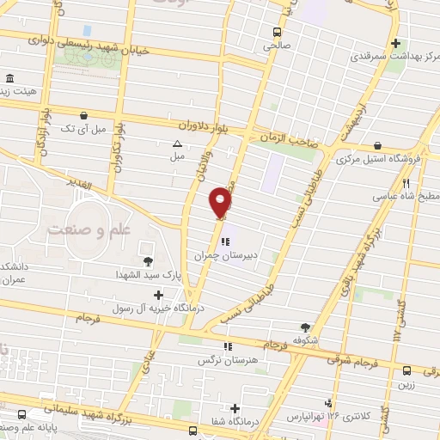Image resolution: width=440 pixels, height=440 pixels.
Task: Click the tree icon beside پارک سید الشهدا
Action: click(149, 260)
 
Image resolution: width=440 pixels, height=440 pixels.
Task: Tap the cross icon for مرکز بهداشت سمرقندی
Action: click(394, 43)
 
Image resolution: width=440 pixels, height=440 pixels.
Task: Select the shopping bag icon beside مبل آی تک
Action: click(82, 114)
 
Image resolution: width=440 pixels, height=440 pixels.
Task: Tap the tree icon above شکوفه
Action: click(304, 327)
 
